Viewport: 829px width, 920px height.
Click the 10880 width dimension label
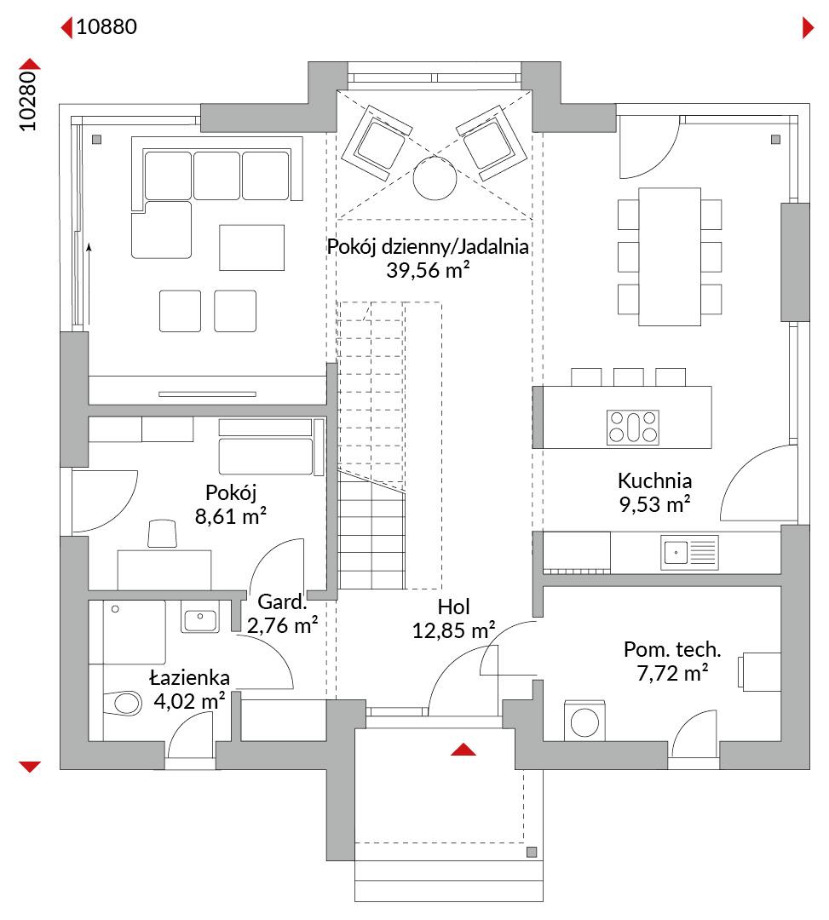(107, 26)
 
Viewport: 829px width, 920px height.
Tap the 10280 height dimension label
(27, 101)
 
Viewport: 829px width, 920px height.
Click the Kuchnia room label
(654, 481)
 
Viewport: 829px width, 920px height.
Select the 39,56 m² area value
(428, 270)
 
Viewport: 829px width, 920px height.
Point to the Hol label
(453, 607)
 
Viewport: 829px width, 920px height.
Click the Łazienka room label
(189, 678)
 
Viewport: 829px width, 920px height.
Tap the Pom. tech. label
(672, 649)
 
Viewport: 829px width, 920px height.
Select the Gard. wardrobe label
(282, 601)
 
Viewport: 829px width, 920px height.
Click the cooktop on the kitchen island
(632, 427)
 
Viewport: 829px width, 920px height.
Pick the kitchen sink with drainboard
(689, 552)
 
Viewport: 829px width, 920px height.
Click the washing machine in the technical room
(584, 722)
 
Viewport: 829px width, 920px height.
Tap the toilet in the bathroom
(123, 702)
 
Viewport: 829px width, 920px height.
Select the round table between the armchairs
(435, 178)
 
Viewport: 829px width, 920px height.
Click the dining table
(670, 256)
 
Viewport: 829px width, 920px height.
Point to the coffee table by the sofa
(251, 248)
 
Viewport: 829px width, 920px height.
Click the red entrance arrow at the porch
(463, 750)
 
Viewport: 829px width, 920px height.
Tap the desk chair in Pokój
(163, 534)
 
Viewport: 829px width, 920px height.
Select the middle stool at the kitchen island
(628, 377)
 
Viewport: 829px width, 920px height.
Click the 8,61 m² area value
(231, 516)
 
